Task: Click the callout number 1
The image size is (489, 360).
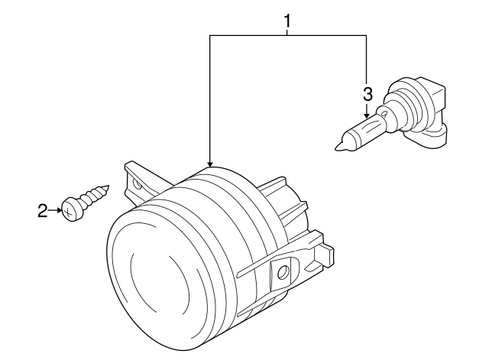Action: click(x=288, y=21)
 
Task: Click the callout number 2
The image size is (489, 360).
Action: click(x=43, y=209)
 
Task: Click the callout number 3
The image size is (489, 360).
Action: click(x=368, y=95)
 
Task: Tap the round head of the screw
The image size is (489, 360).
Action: click(x=71, y=209)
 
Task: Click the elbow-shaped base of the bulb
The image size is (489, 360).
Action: click(x=429, y=130)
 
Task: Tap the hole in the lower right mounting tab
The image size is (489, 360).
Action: click(x=283, y=271)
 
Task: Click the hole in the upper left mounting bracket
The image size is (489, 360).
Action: click(x=138, y=183)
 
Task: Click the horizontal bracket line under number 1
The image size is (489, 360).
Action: click(x=288, y=34)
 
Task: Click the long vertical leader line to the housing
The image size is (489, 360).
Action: click(x=209, y=99)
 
